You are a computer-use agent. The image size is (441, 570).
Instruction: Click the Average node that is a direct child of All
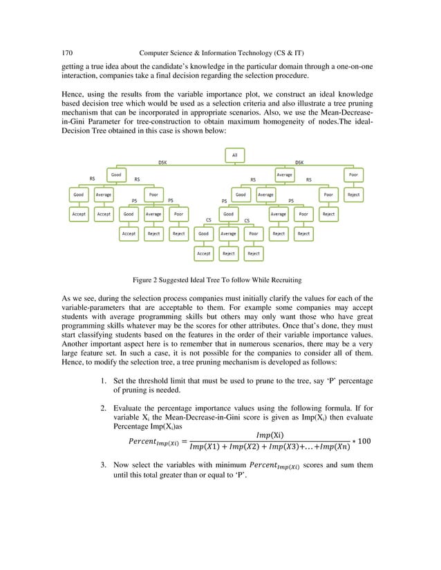click(284, 175)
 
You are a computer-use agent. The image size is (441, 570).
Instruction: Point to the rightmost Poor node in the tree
click(353, 175)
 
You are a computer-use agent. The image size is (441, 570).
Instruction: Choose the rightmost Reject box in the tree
click(353, 195)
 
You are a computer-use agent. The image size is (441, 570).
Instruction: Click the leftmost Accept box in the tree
click(79, 215)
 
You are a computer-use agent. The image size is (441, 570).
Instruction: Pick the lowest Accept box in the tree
click(203, 253)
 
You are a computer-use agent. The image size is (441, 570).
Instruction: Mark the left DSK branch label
click(162, 163)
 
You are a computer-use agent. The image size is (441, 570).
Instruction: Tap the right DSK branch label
click(299, 163)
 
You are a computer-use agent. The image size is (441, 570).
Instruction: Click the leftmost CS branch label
click(209, 220)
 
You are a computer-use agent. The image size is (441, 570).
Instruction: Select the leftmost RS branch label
click(92, 179)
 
